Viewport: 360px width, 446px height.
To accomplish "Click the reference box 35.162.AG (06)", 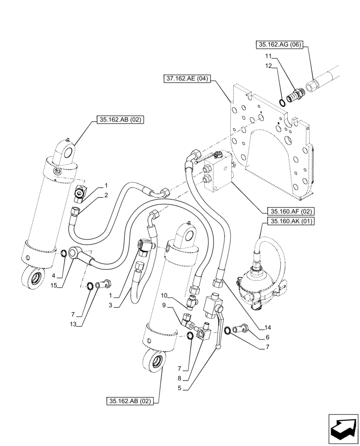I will (x=278, y=45).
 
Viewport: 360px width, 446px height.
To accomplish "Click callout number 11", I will (x=267, y=56).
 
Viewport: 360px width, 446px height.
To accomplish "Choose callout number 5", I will (x=179, y=388).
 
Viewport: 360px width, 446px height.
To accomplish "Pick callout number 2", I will (x=106, y=195).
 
